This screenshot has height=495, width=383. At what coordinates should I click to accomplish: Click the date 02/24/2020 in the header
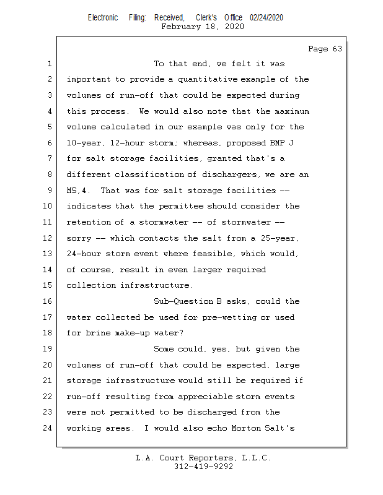[266, 18]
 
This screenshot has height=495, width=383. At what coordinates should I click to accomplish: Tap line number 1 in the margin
[48, 64]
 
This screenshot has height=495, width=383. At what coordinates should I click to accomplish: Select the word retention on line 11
[89, 222]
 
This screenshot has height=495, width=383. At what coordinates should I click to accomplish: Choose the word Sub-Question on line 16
[183, 301]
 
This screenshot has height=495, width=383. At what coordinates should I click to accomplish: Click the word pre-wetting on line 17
[226, 317]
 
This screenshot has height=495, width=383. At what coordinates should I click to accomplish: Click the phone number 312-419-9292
[203, 467]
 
